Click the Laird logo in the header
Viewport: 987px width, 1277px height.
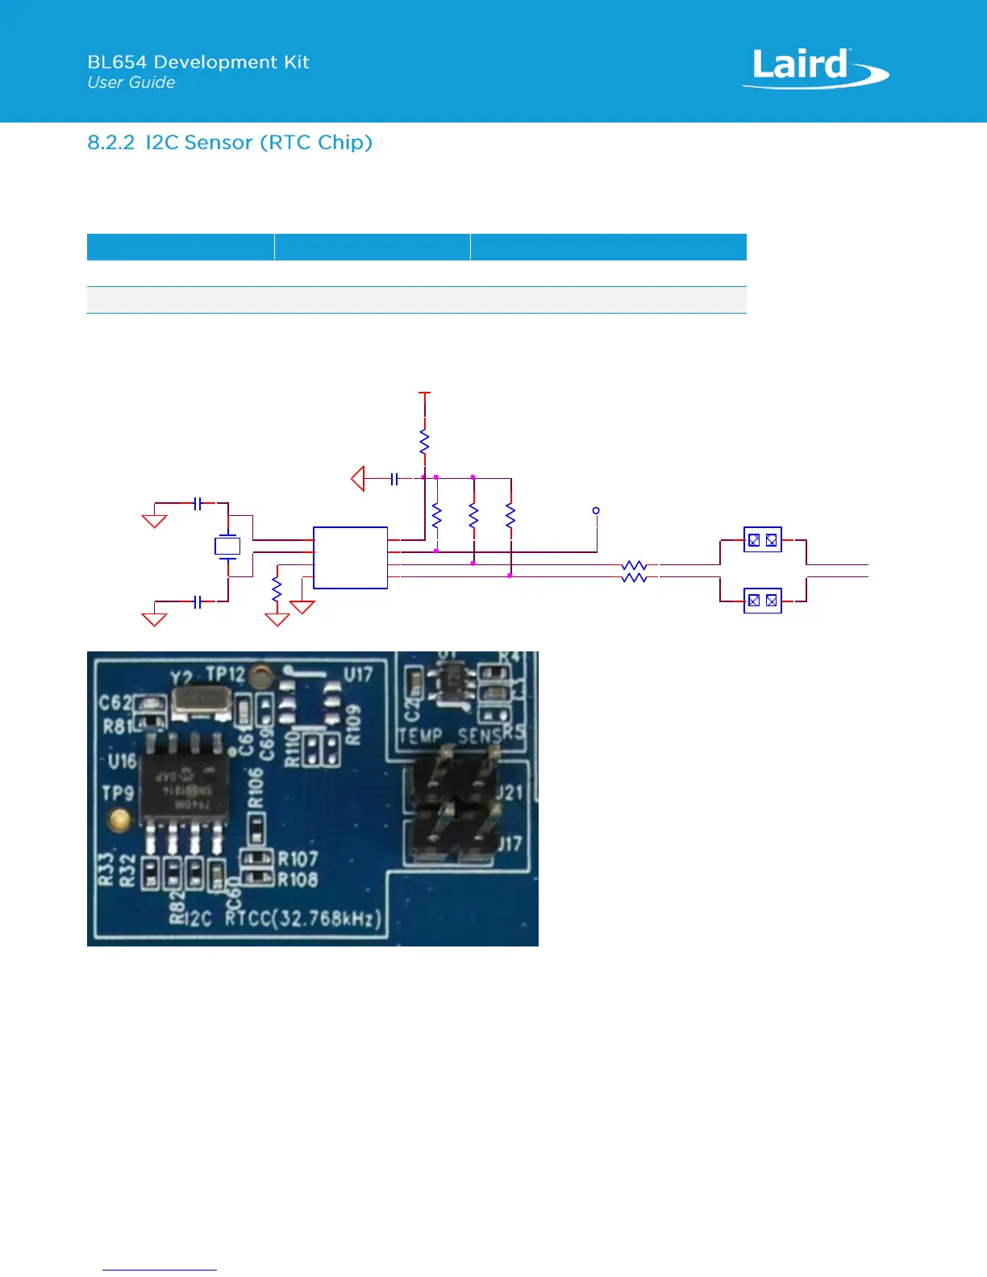pyautogui.click(x=814, y=68)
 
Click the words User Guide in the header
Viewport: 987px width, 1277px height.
pyautogui.click(x=131, y=82)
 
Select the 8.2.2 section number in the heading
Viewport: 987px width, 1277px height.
pyautogui.click(x=110, y=143)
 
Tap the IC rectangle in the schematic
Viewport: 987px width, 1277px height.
pyautogui.click(x=350, y=558)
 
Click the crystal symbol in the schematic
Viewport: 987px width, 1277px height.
pyautogui.click(x=227, y=546)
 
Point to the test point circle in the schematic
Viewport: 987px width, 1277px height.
pyautogui.click(x=596, y=510)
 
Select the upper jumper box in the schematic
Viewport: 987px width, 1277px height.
pyautogui.click(x=762, y=540)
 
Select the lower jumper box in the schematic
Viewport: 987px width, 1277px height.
pyautogui.click(x=762, y=601)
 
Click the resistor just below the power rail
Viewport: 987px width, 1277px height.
pyautogui.click(x=424, y=442)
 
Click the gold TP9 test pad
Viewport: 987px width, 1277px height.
pyautogui.click(x=119, y=820)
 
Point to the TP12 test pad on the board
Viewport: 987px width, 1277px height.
pyautogui.click(x=260, y=676)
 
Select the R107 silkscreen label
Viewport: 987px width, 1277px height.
pyautogui.click(x=298, y=859)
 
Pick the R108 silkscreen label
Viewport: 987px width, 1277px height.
pyautogui.click(x=298, y=880)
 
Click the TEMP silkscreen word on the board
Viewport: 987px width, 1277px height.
pyautogui.click(x=420, y=735)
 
